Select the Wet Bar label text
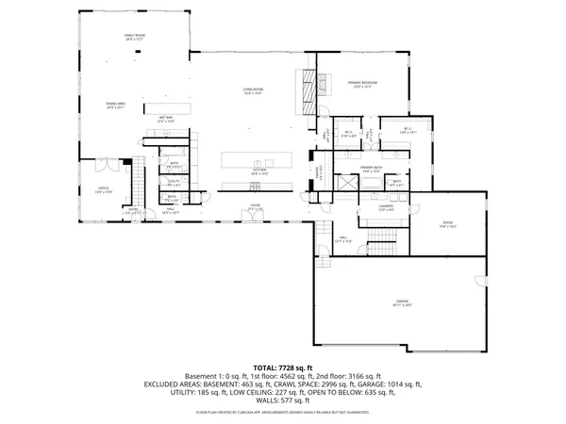click(x=165, y=120)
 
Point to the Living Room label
click(x=253, y=91)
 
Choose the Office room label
click(x=104, y=190)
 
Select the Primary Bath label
click(x=371, y=171)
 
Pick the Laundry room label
click(x=386, y=206)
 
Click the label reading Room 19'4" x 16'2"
click(x=447, y=225)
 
